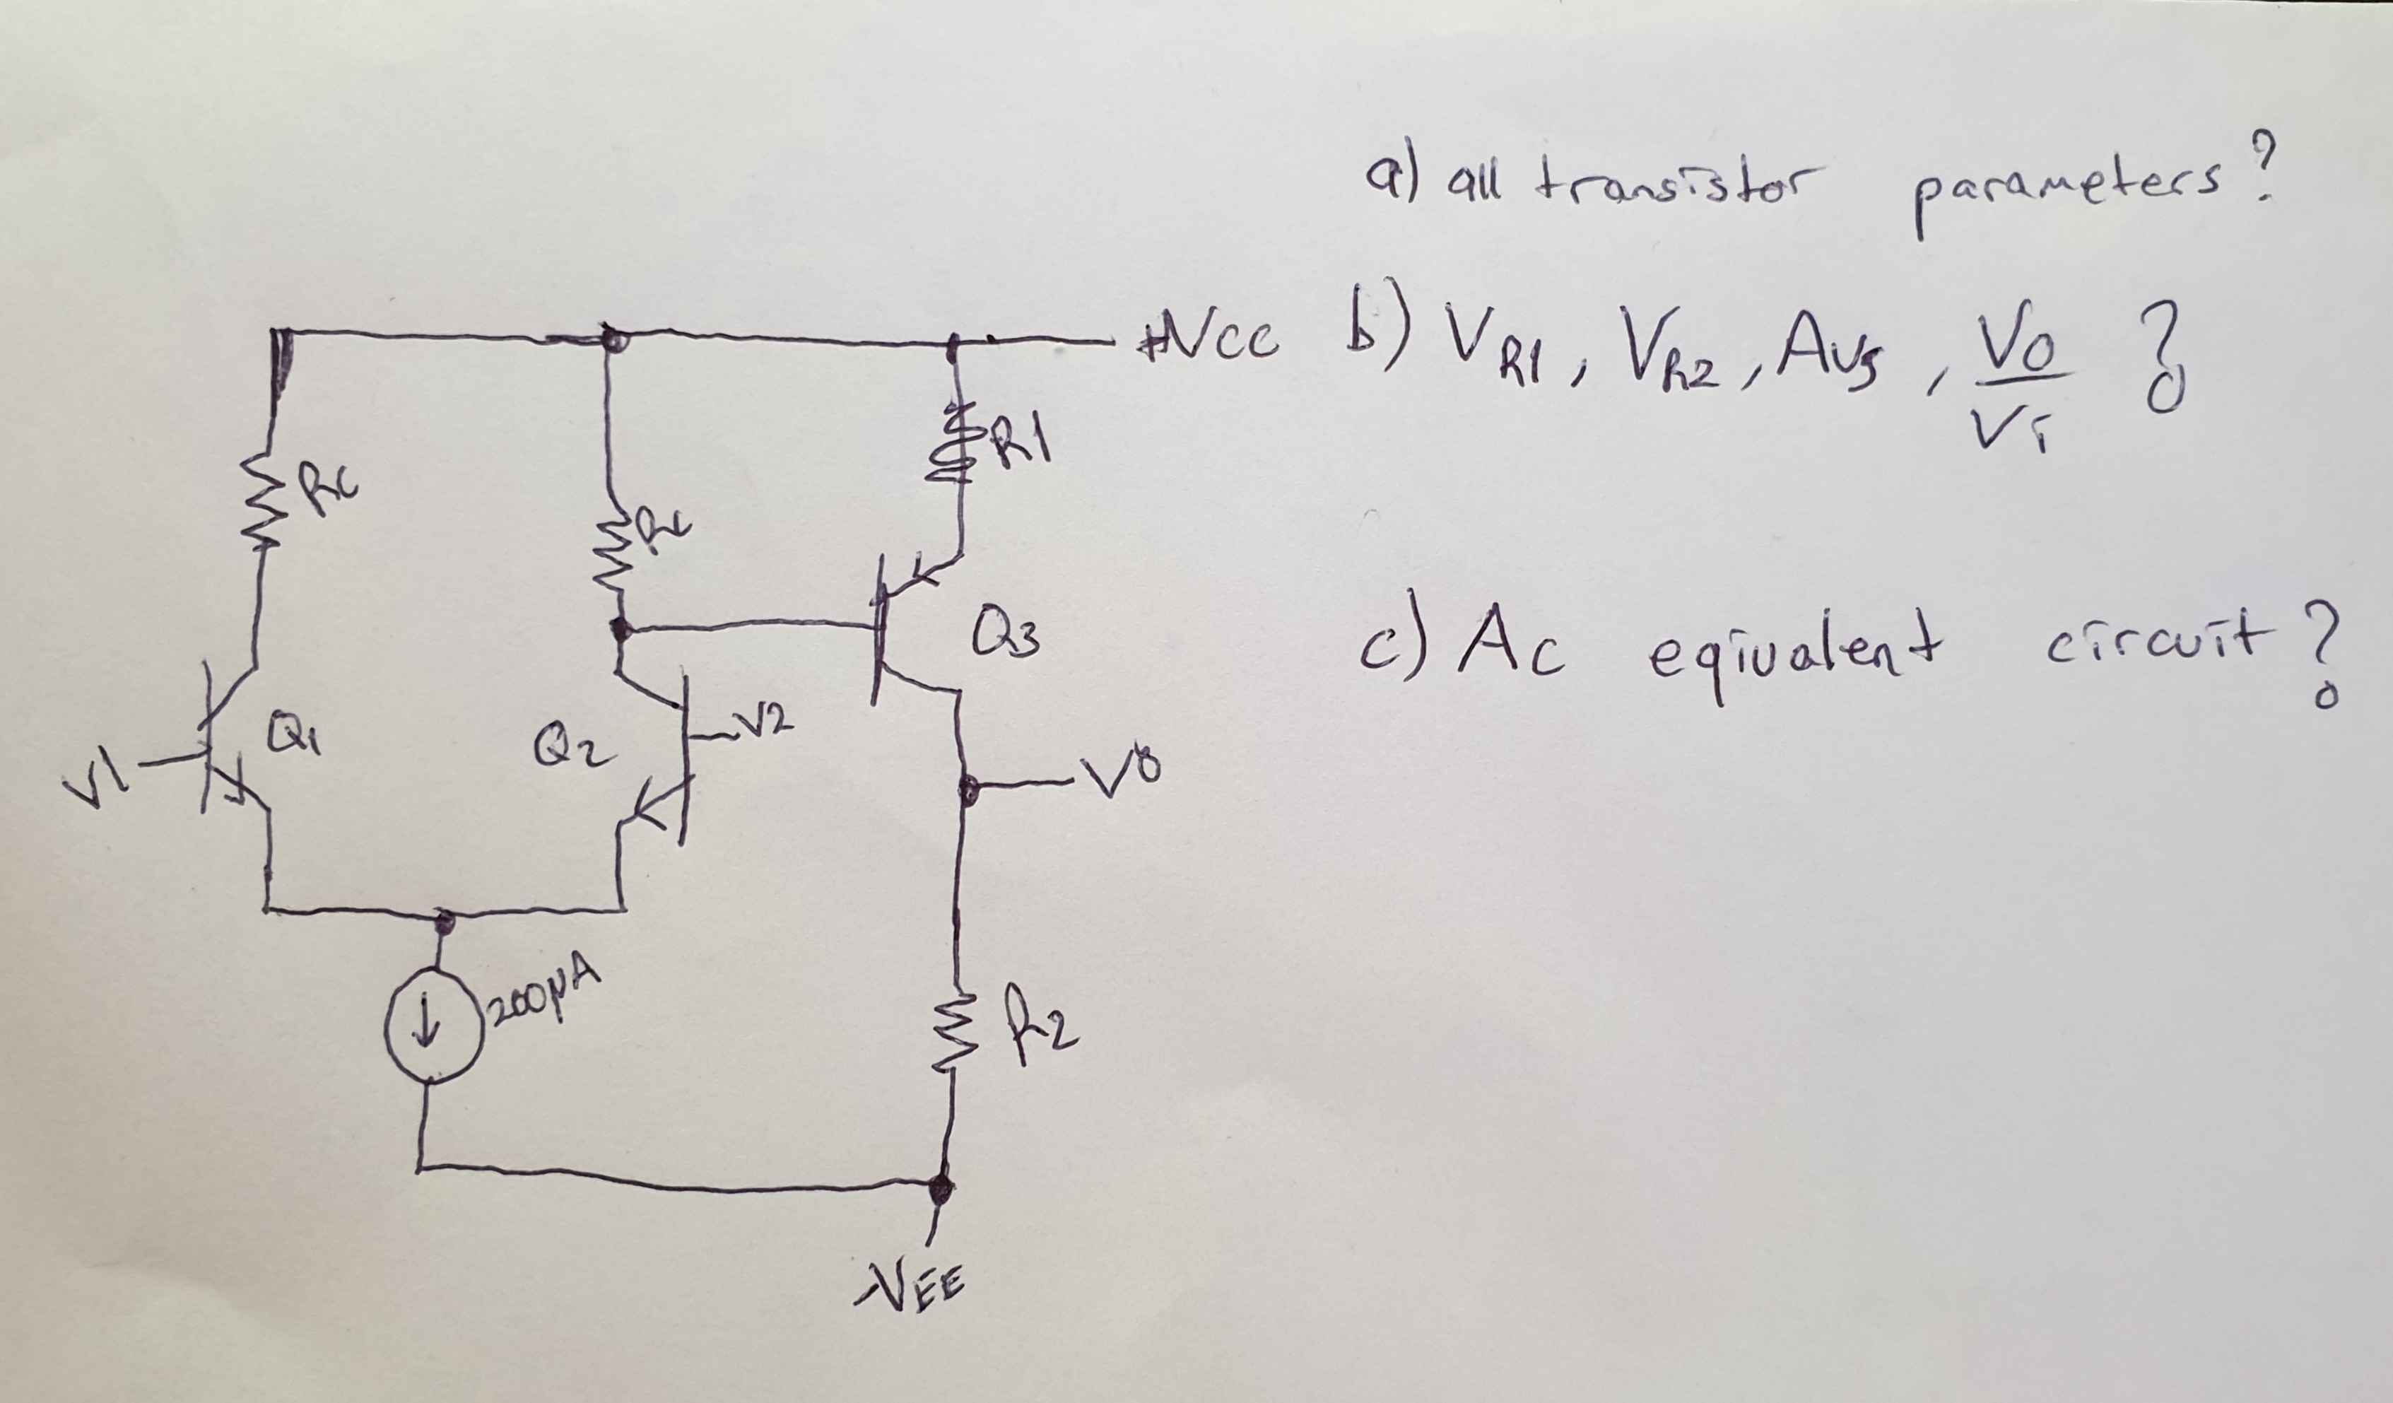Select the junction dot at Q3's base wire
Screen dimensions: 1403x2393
pos(622,628)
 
